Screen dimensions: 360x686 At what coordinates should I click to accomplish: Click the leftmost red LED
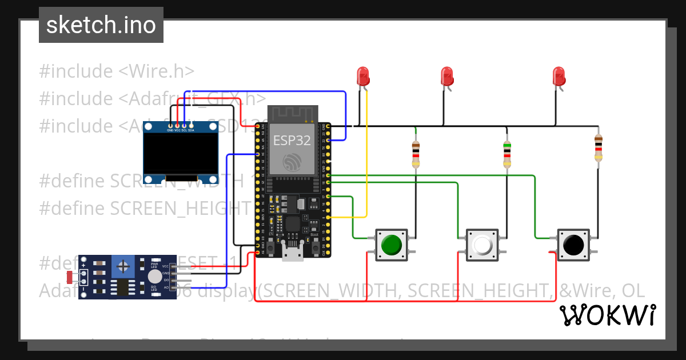(363, 76)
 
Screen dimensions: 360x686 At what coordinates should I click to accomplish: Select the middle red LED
(447, 76)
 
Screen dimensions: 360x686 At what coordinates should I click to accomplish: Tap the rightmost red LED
(559, 76)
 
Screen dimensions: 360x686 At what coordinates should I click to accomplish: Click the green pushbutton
(391, 245)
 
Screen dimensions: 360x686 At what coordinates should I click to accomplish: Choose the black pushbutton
(573, 245)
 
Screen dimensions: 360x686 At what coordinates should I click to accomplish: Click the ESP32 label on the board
(292, 140)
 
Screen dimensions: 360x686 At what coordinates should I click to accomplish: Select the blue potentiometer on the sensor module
(122, 266)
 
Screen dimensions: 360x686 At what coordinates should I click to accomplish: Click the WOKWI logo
(607, 315)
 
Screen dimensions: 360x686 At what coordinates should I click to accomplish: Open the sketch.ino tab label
(101, 25)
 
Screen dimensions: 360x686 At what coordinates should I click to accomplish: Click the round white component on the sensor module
(154, 277)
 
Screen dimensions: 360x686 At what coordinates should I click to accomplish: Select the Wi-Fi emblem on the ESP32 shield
(293, 162)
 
